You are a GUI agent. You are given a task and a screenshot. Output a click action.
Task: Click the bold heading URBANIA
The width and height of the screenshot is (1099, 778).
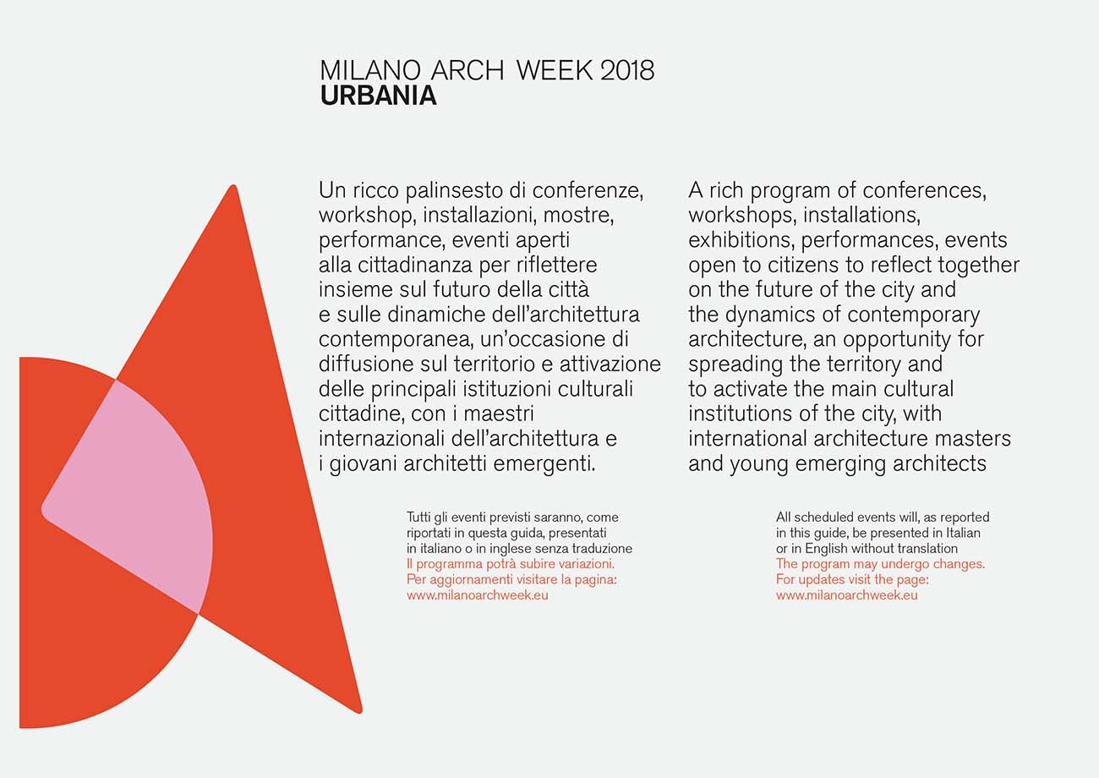pos(378,96)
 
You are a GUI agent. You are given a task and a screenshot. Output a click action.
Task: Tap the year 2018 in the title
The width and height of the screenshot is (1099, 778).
pos(627,70)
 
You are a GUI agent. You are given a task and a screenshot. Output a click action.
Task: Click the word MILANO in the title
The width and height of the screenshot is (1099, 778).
pos(370,70)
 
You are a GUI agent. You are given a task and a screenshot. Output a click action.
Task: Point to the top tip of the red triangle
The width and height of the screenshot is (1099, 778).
pos(234,185)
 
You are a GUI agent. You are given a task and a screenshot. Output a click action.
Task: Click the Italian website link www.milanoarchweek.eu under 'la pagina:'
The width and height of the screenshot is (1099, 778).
pos(478,594)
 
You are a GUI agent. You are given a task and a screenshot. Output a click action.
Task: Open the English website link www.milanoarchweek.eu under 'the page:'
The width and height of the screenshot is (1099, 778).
pos(846,594)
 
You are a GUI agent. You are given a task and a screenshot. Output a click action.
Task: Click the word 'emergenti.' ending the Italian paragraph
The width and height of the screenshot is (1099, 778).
pos(544,464)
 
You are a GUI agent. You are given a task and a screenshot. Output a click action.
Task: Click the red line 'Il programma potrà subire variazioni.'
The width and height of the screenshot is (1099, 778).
pos(511,563)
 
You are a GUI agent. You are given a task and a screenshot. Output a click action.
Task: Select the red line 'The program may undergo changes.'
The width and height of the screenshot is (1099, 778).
pos(880,563)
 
